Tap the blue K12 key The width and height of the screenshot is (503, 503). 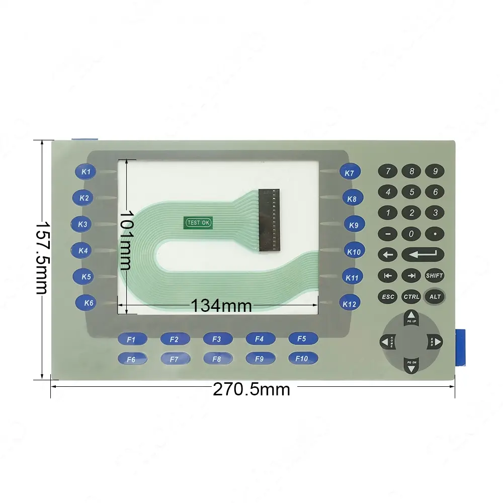click(349, 304)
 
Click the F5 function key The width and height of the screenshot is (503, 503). click(302, 339)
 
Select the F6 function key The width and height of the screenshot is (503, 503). click(132, 359)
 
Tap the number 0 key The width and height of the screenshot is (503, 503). click(411, 234)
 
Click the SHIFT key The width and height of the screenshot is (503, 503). click(435, 276)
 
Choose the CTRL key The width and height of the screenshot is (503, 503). click(411, 297)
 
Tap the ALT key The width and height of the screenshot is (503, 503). click(435, 297)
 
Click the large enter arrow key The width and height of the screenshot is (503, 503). click(423, 255)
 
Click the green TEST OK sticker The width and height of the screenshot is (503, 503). click(199, 223)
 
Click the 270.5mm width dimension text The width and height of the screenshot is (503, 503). click(251, 389)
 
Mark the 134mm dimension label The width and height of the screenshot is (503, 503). click(221, 305)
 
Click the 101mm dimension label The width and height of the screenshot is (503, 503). click(126, 240)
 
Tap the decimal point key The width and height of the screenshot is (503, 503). click(435, 234)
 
